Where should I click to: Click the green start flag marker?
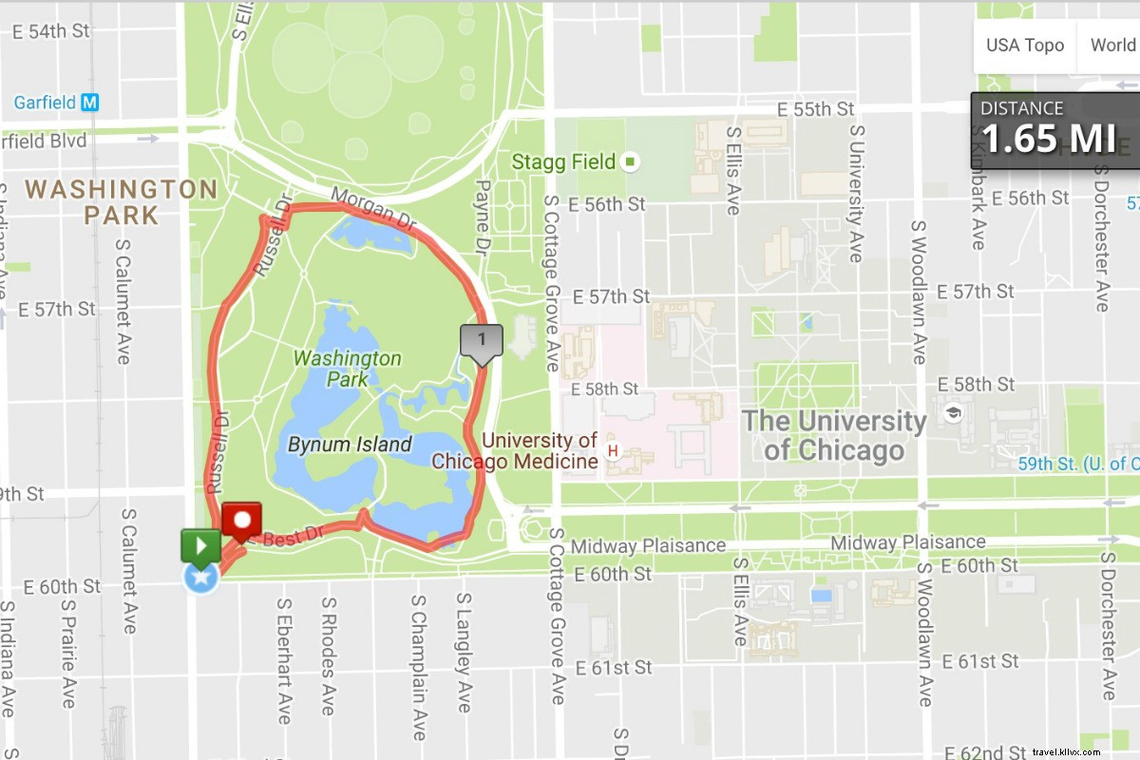pyautogui.click(x=201, y=546)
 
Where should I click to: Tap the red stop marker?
pyautogui.click(x=241, y=521)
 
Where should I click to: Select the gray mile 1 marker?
pyautogui.click(x=482, y=340)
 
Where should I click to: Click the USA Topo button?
pyautogui.click(x=1024, y=46)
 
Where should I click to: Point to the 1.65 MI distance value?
pyautogui.click(x=1048, y=139)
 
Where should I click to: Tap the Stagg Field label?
pyautogui.click(x=563, y=161)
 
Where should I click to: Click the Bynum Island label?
pyautogui.click(x=350, y=445)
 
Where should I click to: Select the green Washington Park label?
pyautogui.click(x=347, y=369)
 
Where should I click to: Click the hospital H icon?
pyautogui.click(x=613, y=449)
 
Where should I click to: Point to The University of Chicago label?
pyautogui.click(x=834, y=435)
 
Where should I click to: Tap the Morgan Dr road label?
pyautogui.click(x=374, y=209)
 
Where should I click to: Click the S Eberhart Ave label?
pyautogui.click(x=283, y=659)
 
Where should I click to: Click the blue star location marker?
pyautogui.click(x=201, y=576)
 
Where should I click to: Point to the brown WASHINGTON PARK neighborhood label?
pyautogui.click(x=122, y=201)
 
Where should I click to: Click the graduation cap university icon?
pyautogui.click(x=953, y=412)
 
